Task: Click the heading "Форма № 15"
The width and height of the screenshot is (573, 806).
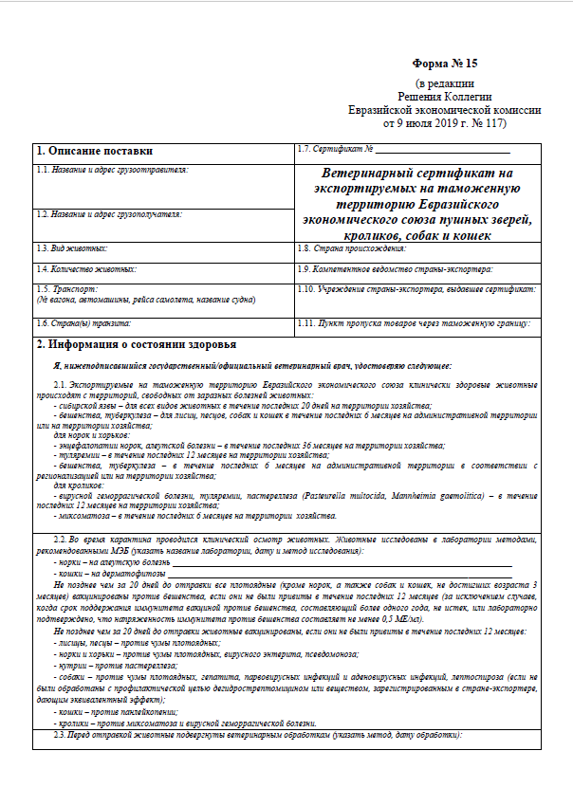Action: (x=445, y=64)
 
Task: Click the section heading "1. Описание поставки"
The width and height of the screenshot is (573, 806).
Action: (x=93, y=151)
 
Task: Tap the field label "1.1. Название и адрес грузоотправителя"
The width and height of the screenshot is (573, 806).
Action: (x=112, y=170)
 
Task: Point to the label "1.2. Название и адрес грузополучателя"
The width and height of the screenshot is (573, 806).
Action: (x=108, y=215)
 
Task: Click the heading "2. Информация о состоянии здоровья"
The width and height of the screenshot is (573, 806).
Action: (x=136, y=344)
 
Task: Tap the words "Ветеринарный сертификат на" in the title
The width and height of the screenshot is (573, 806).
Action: (x=416, y=174)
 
